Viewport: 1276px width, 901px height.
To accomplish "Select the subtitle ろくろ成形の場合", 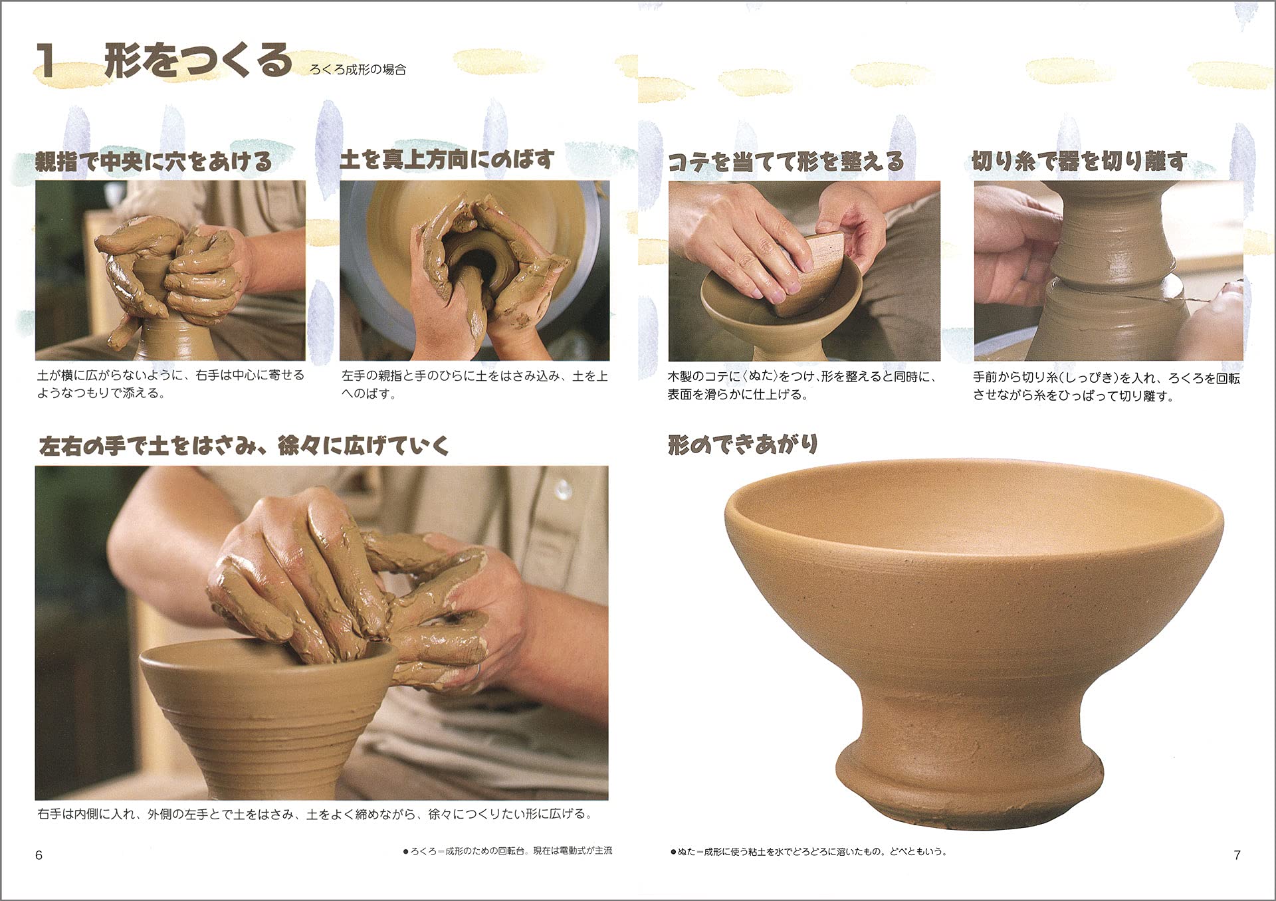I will pyautogui.click(x=358, y=70).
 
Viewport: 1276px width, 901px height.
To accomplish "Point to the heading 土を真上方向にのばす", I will pyautogui.click(x=447, y=159).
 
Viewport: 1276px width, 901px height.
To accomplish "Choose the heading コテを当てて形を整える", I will pyautogui.click(x=786, y=161).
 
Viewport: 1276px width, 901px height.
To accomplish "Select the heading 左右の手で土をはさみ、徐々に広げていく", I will pyautogui.click(x=244, y=446).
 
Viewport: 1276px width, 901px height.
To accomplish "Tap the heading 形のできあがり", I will pyautogui.click(x=742, y=445).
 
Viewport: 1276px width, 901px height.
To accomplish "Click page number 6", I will pyautogui.click(x=39, y=855).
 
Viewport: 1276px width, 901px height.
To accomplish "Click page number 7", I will pyautogui.click(x=1237, y=855).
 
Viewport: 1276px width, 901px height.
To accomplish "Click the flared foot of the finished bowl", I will pyautogui.click(x=970, y=777).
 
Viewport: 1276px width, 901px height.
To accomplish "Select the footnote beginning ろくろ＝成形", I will pyautogui.click(x=508, y=851).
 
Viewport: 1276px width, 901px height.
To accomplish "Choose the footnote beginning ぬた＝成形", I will pyautogui.click(x=809, y=851).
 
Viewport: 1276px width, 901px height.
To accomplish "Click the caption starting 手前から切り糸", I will pyautogui.click(x=1107, y=387).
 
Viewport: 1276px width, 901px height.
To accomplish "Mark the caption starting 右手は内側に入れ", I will pyautogui.click(x=314, y=814).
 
